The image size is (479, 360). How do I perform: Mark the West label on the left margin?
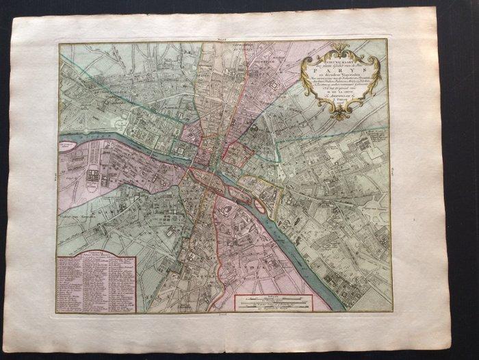[53, 176]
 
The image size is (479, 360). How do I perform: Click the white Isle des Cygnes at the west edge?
[69, 146]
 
